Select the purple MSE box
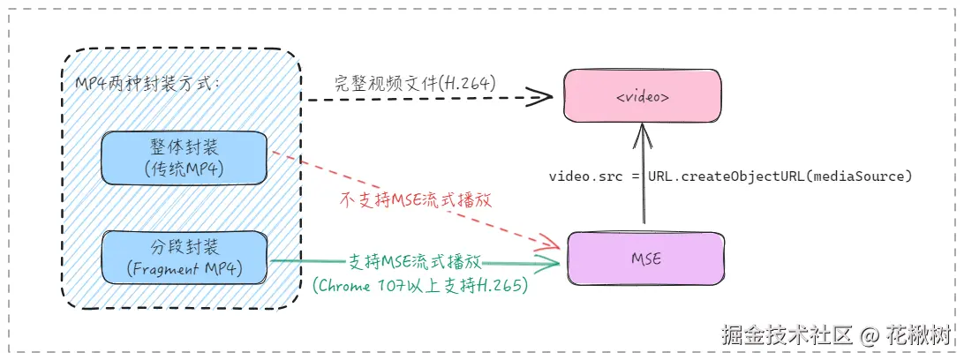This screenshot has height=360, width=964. pyautogui.click(x=644, y=259)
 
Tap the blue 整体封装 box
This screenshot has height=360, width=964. pyautogui.click(x=184, y=158)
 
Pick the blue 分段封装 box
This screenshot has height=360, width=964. pyautogui.click(x=184, y=257)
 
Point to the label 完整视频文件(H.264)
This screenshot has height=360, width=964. pyautogui.click(x=414, y=82)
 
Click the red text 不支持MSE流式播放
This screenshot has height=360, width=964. pyautogui.click(x=415, y=200)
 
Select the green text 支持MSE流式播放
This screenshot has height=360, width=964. pyautogui.click(x=414, y=262)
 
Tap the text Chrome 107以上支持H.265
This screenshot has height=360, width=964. pyautogui.click(x=420, y=285)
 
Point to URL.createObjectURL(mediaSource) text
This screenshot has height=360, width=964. pyautogui.click(x=779, y=176)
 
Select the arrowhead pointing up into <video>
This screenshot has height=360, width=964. pyautogui.click(x=644, y=131)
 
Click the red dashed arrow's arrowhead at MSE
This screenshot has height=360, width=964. pyautogui.click(x=553, y=244)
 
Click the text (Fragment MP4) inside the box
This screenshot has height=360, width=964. pyautogui.click(x=184, y=268)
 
